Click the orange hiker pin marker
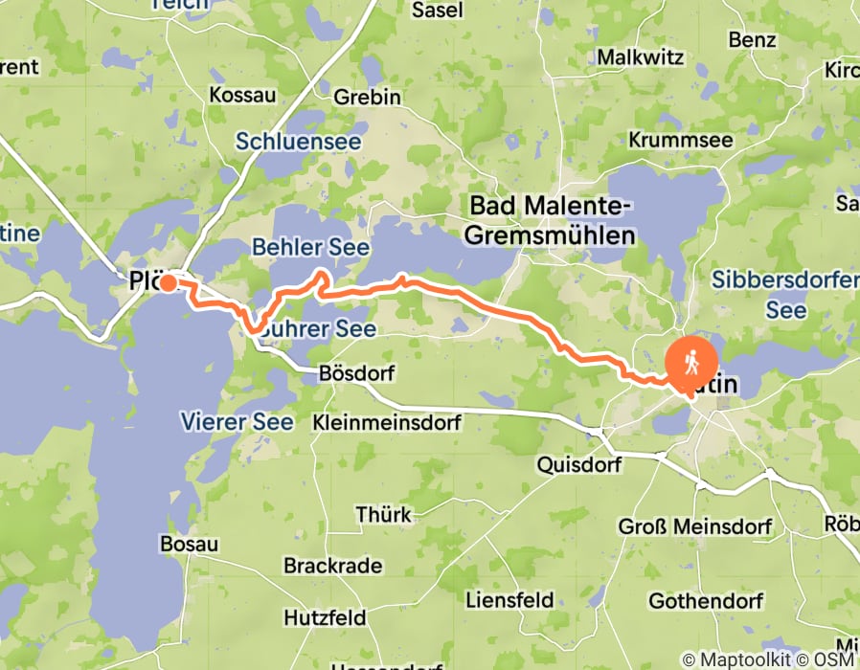[690, 363]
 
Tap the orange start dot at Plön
[168, 282]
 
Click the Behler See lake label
[310, 248]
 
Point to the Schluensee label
[299, 142]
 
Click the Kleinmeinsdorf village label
[387, 421]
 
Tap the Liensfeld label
[509, 600]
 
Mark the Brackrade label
[332, 566]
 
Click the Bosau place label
[190, 544]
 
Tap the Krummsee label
[680, 140]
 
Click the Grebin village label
[367, 97]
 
